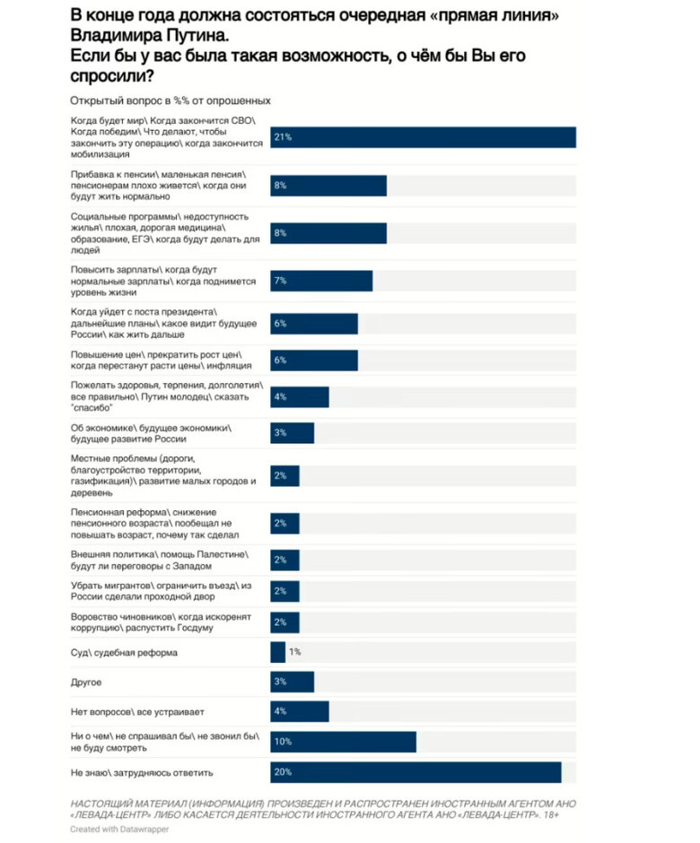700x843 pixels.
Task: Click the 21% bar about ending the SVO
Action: (423, 137)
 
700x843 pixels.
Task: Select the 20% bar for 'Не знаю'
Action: (416, 772)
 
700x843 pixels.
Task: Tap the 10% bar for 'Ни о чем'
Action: (343, 742)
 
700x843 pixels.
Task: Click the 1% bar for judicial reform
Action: (277, 652)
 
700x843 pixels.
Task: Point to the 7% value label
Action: (280, 281)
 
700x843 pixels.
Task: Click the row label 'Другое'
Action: (86, 682)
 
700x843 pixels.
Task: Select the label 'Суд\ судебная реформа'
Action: (124, 652)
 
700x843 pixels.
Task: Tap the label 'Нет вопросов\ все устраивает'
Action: (137, 712)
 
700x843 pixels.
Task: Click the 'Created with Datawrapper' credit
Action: (119, 830)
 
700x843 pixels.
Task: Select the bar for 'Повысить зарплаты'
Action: (321, 281)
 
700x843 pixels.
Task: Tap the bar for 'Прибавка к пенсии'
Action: (328, 185)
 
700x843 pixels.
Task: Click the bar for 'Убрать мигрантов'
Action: (284, 590)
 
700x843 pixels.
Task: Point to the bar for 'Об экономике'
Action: (292, 432)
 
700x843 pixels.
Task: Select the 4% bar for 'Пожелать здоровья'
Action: (299, 396)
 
